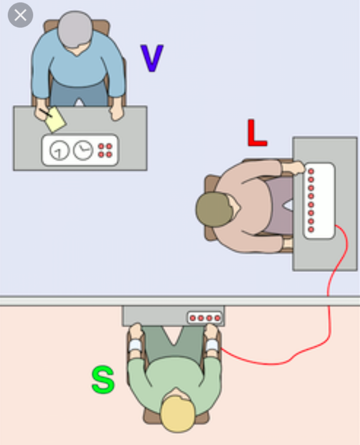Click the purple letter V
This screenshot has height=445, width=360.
[151, 58]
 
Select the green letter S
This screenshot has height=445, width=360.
[103, 380]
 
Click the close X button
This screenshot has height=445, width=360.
[20, 15]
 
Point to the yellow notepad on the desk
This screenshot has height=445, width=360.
[56, 120]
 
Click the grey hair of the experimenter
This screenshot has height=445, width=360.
[75, 28]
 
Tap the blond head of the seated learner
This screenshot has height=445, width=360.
[177, 413]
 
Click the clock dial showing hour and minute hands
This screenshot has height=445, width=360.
[83, 150]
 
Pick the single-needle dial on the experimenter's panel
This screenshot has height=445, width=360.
[59, 150]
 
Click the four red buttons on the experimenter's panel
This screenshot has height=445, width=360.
[105, 150]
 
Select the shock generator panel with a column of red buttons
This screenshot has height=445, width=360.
[319, 201]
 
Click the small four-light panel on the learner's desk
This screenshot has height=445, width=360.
[205, 318]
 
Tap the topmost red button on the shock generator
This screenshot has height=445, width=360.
[311, 171]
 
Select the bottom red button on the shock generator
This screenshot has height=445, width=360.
[311, 229]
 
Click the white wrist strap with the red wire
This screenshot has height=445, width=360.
[212, 345]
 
